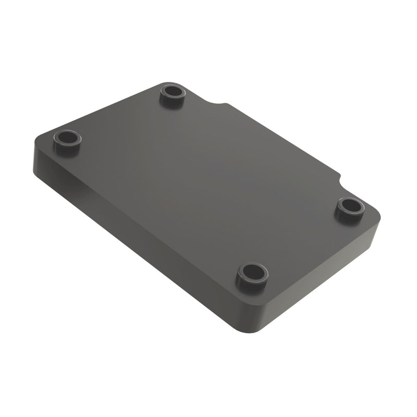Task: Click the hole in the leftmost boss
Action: click(x=67, y=139)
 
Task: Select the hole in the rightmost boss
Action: click(x=350, y=205)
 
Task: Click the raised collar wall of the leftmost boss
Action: click(x=67, y=149)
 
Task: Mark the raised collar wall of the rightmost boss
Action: click(x=350, y=215)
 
